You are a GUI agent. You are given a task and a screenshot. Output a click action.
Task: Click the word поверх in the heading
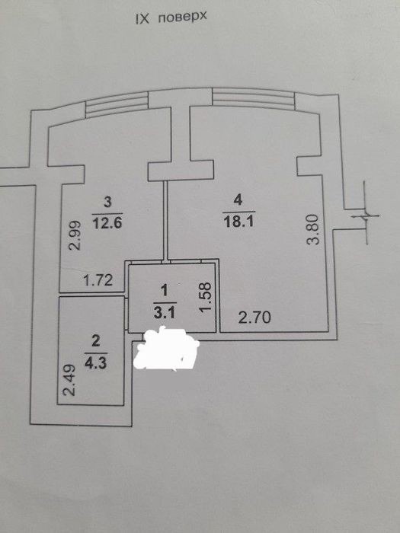[x=182, y=18]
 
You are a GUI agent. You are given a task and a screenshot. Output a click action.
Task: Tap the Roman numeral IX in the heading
[x=143, y=19]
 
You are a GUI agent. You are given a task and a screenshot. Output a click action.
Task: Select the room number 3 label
[x=107, y=203]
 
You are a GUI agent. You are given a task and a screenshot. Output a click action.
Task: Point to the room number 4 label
[x=238, y=200]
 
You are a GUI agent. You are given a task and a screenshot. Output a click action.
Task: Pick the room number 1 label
[x=165, y=291]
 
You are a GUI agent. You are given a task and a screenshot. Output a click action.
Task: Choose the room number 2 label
[x=96, y=341]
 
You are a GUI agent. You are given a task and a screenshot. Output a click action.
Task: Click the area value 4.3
[x=96, y=363]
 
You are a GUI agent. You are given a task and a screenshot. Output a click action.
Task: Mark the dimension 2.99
[x=75, y=235]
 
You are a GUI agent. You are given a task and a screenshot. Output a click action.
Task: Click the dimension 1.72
[x=98, y=281]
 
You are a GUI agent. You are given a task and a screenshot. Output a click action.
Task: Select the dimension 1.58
[x=206, y=298]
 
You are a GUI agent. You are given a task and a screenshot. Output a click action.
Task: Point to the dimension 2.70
[x=254, y=318]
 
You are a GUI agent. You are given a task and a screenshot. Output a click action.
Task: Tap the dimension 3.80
[x=312, y=229]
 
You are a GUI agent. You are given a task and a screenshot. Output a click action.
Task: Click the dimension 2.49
[x=69, y=381]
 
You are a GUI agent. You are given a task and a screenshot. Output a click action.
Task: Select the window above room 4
[x=254, y=99]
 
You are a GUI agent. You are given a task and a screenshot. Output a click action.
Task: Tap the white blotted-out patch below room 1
[x=167, y=349]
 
